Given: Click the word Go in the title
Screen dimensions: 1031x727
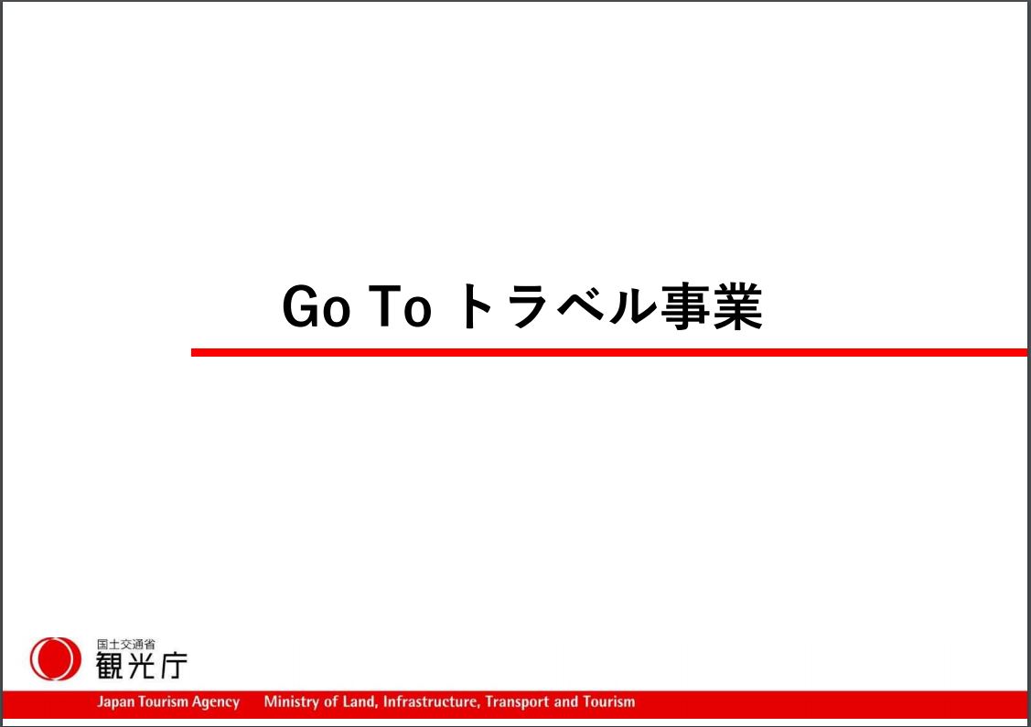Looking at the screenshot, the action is click(x=316, y=305).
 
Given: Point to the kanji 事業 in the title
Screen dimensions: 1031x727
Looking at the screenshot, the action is click(x=712, y=305).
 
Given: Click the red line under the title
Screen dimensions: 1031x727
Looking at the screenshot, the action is click(x=609, y=352).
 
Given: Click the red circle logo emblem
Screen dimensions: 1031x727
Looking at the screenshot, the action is click(x=55, y=658).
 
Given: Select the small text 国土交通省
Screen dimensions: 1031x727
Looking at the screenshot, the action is click(x=125, y=644).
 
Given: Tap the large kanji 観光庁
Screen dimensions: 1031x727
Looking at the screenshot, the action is click(x=142, y=665).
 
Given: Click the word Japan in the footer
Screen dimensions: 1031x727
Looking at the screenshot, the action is click(x=115, y=702).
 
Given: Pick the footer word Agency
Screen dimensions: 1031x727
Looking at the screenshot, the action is click(x=216, y=702).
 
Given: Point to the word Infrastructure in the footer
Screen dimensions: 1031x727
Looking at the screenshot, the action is click(x=432, y=702).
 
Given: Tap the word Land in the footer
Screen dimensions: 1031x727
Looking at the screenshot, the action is click(x=360, y=702).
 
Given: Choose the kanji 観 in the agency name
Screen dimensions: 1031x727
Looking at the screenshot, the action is click(x=109, y=665).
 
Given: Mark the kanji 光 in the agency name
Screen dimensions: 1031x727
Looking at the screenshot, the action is click(x=142, y=665).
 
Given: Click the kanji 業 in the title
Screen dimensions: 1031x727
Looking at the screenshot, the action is click(x=737, y=305).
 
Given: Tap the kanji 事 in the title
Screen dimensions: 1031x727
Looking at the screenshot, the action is click(x=686, y=305).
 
